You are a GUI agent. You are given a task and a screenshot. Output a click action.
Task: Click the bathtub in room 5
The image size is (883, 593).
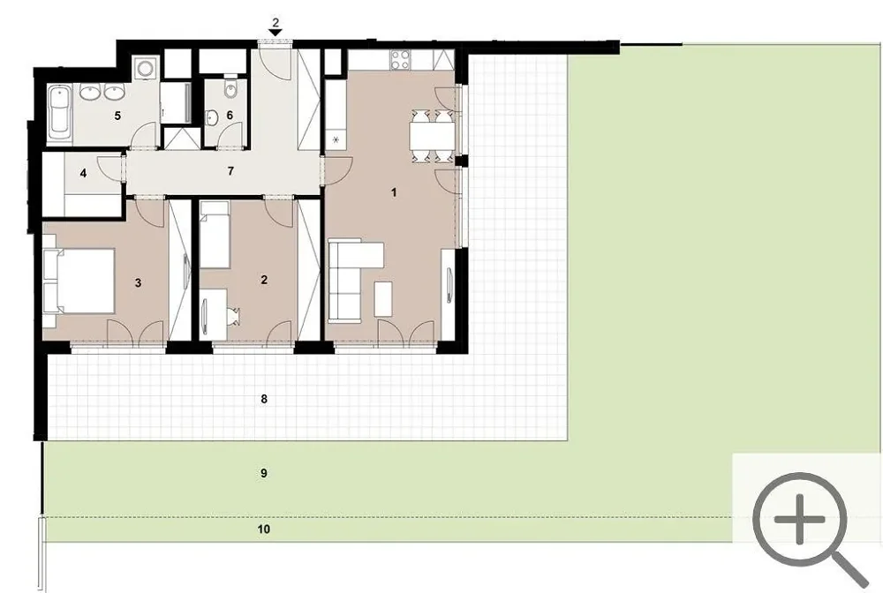59,113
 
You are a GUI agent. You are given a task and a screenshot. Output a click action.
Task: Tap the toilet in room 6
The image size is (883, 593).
230,86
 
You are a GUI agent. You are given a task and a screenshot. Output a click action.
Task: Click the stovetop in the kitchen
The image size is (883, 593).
401,59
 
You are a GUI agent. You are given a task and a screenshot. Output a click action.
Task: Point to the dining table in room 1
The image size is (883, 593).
432,136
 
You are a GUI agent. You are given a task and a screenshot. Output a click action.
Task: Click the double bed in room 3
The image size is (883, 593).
80,281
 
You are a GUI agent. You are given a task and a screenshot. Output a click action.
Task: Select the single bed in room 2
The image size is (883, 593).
215,236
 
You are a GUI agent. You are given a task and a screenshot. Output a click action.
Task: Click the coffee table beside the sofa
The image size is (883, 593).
383,299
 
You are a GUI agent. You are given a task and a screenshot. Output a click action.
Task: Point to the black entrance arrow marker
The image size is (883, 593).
275,34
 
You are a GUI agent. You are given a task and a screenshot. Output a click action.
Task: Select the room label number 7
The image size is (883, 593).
230,171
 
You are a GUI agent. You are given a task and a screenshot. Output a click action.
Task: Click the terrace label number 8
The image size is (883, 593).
263,400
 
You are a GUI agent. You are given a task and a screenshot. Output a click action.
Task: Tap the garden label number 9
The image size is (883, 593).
263,474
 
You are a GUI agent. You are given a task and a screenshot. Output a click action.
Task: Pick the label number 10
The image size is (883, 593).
263,529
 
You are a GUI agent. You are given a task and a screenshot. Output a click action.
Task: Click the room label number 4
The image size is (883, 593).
83,173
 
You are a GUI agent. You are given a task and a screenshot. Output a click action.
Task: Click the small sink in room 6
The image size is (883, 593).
212,118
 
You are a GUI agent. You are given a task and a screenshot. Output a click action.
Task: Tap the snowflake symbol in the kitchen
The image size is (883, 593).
336,139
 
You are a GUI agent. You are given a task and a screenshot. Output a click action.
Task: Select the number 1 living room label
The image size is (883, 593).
394,192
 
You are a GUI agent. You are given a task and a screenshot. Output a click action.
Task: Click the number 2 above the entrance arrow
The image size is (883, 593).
275,23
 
